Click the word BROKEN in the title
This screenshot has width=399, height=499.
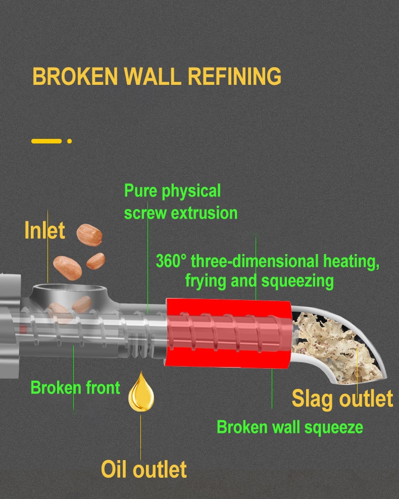point(75,76)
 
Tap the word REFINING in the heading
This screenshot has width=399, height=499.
point(234,76)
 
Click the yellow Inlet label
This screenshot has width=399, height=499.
point(44,230)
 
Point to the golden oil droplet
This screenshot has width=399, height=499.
point(141,392)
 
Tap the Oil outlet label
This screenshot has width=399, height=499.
point(144,469)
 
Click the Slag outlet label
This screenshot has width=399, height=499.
point(342,398)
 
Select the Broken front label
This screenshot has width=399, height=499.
point(75,387)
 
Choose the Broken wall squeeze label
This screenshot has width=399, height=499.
point(290,427)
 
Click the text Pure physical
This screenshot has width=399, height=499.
point(172,191)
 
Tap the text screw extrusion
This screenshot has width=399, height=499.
point(181,213)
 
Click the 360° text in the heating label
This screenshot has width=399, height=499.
point(171,261)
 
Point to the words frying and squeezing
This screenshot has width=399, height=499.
point(259,281)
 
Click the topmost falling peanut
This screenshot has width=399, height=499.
point(89,235)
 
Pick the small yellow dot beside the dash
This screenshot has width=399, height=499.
point(69,141)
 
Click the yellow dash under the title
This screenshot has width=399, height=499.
point(46,141)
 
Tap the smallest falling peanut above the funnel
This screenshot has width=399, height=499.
point(96,261)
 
